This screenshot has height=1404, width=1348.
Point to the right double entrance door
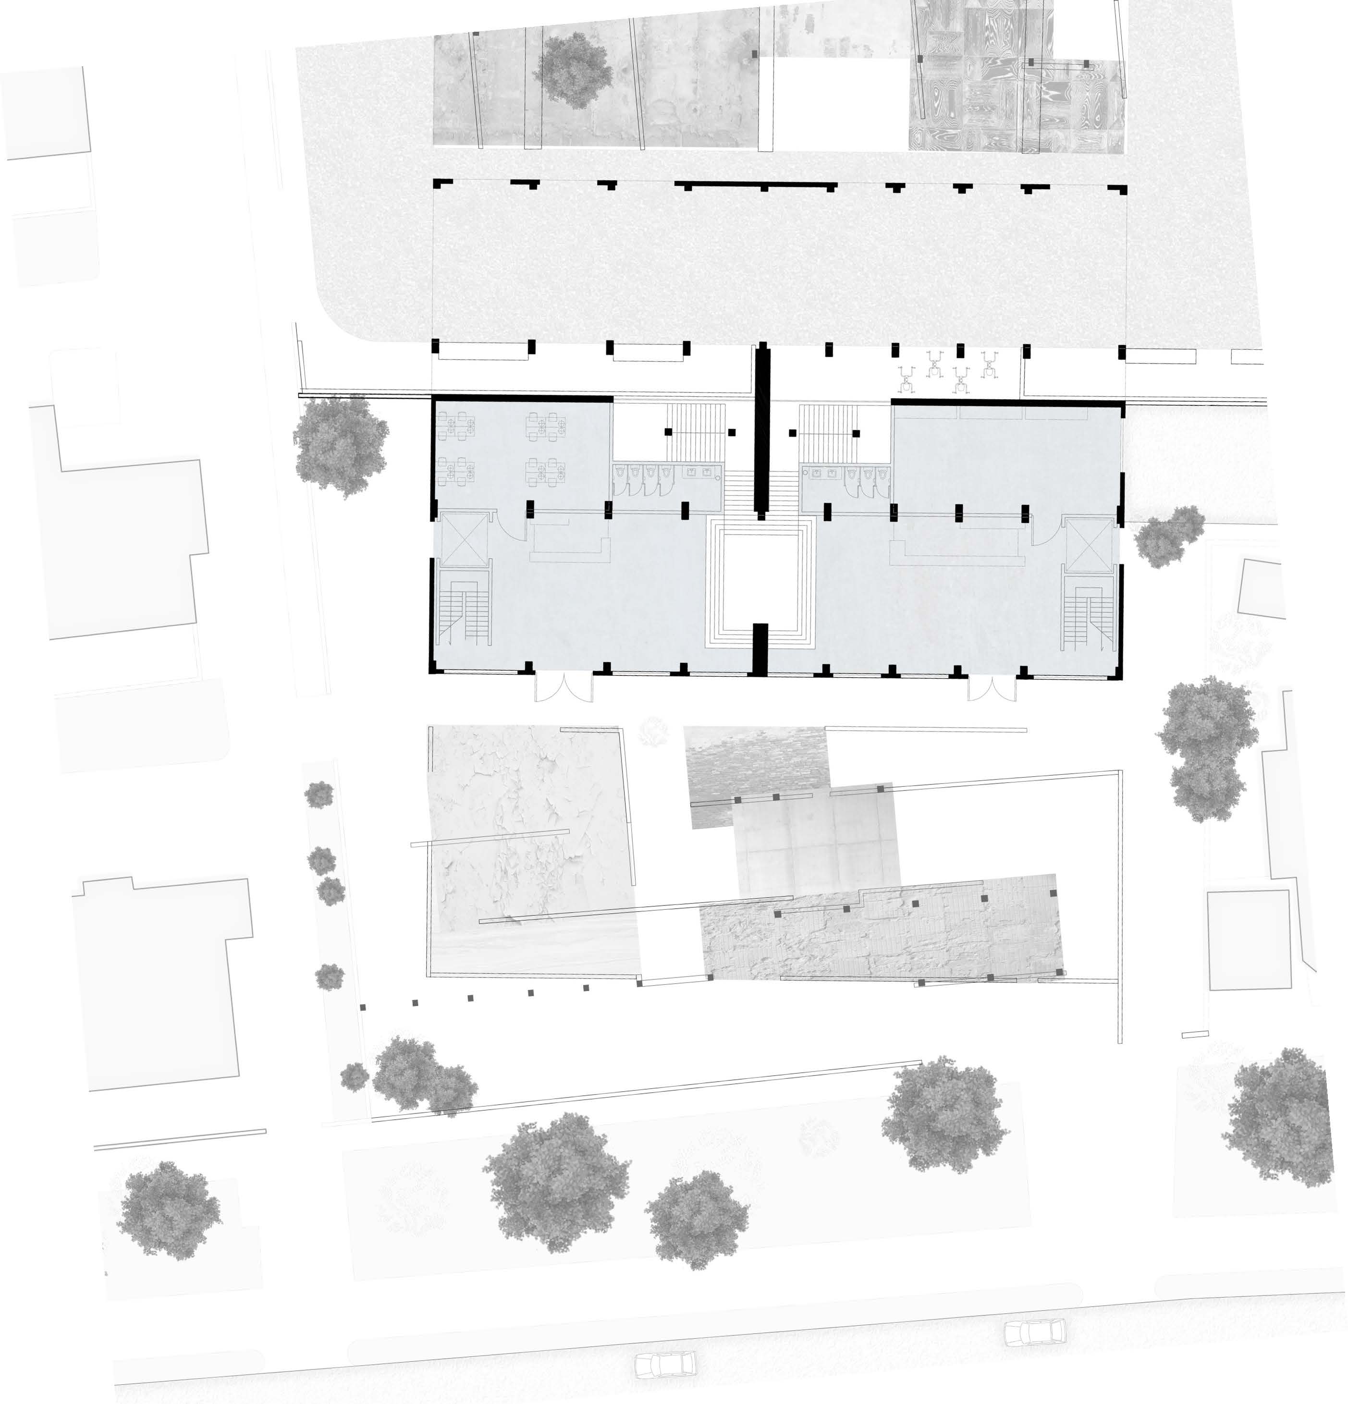991,690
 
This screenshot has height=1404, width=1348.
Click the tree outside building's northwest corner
340,444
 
